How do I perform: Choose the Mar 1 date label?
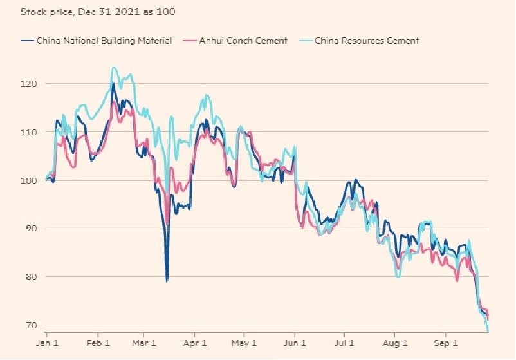click(143, 344)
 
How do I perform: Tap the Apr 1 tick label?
click(194, 344)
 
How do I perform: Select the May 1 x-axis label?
click(243, 344)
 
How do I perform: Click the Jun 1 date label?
click(294, 344)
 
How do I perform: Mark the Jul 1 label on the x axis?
click(344, 344)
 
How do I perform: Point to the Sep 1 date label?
click(445, 344)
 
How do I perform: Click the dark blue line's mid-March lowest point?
click(167, 281)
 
